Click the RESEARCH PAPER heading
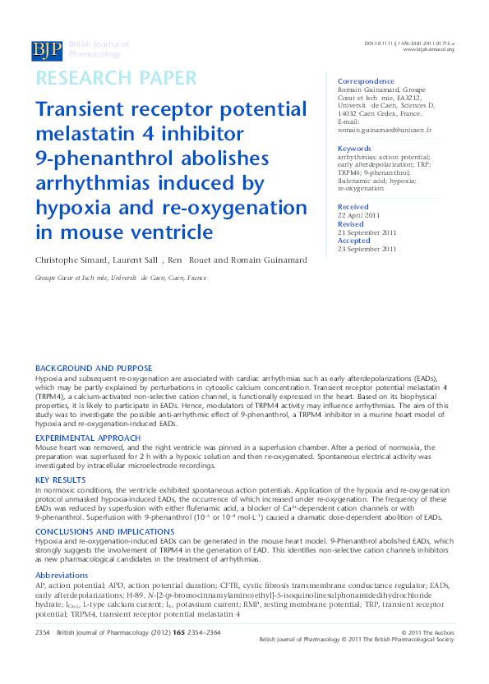(116, 79)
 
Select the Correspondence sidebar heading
(366, 81)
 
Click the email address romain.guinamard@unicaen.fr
(385, 130)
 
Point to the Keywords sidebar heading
(355, 149)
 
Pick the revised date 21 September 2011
(367, 232)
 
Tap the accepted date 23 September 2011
(367, 249)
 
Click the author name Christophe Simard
(71, 260)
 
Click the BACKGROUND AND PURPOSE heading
(94, 368)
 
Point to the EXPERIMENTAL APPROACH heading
(90, 438)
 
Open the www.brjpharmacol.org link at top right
(428, 50)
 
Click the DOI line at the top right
(408, 43)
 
